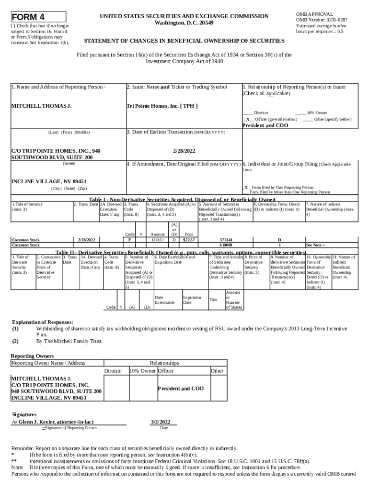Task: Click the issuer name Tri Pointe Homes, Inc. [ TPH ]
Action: (x=161, y=106)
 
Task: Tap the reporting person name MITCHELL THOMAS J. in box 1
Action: (x=41, y=106)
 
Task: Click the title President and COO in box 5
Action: (x=265, y=125)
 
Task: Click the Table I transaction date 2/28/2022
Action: (x=86, y=239)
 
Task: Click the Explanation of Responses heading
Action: (x=42, y=322)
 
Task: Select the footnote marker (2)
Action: (x=16, y=342)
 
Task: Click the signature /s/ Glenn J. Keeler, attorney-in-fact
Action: (x=53, y=422)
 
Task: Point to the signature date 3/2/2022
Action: (x=161, y=422)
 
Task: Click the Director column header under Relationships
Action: (x=113, y=371)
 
